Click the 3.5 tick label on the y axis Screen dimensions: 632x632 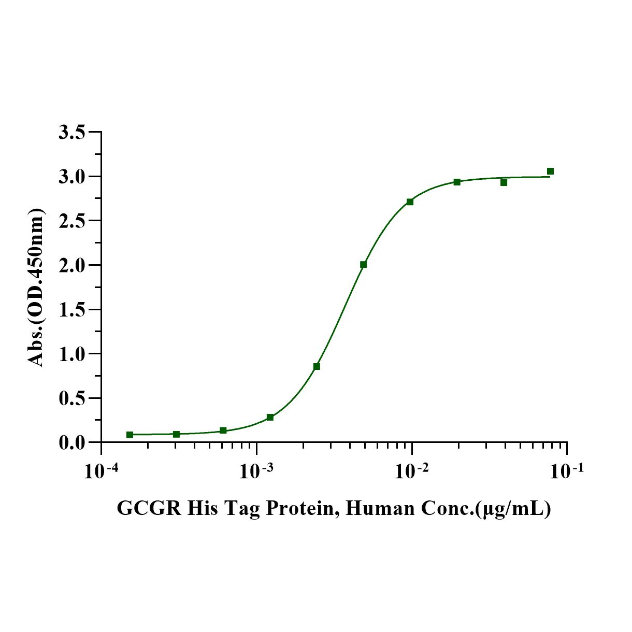pos(72,133)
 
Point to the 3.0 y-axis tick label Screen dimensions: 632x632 pos(72,177)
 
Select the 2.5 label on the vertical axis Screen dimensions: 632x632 pos(72,221)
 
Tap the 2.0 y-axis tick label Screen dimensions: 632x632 pos(72,265)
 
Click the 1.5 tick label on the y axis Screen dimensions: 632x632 pos(72,310)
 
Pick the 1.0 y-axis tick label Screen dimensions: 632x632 pos(72,354)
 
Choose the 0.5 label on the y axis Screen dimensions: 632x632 pos(72,398)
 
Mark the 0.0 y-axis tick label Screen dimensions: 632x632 pos(72,443)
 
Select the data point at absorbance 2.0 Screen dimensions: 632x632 pos(363,264)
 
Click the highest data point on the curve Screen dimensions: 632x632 pos(550,171)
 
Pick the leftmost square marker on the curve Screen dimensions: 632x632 pos(130,435)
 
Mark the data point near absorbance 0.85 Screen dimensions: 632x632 pos(317,366)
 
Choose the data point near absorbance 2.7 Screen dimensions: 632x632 pos(410,202)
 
